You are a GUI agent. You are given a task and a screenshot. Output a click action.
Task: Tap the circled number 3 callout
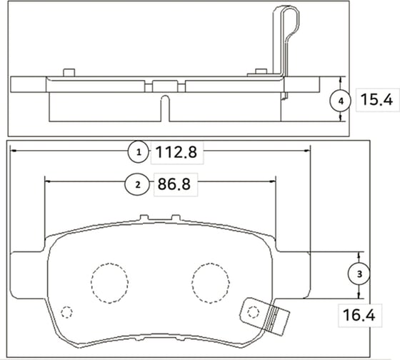coord(359,273)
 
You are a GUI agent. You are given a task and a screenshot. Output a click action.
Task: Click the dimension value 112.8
coord(176,151)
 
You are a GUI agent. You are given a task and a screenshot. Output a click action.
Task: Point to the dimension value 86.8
coord(174,184)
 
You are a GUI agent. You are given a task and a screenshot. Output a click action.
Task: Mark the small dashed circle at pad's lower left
coord(67,312)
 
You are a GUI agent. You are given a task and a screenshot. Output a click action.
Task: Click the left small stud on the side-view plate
coord(69,71)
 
